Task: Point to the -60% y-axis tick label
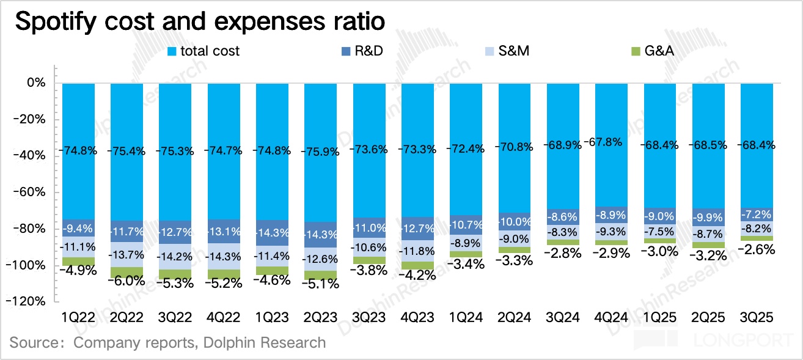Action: [x=31, y=193]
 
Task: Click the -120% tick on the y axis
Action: [x=29, y=302]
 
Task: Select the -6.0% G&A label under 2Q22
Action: [x=127, y=281]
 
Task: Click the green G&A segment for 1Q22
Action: [x=78, y=261]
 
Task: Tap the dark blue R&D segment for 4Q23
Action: [x=418, y=228]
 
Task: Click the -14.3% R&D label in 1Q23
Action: [x=273, y=233]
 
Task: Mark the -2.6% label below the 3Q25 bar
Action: [x=757, y=249]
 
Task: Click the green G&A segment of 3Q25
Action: [x=757, y=238]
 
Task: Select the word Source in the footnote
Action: [x=31, y=343]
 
